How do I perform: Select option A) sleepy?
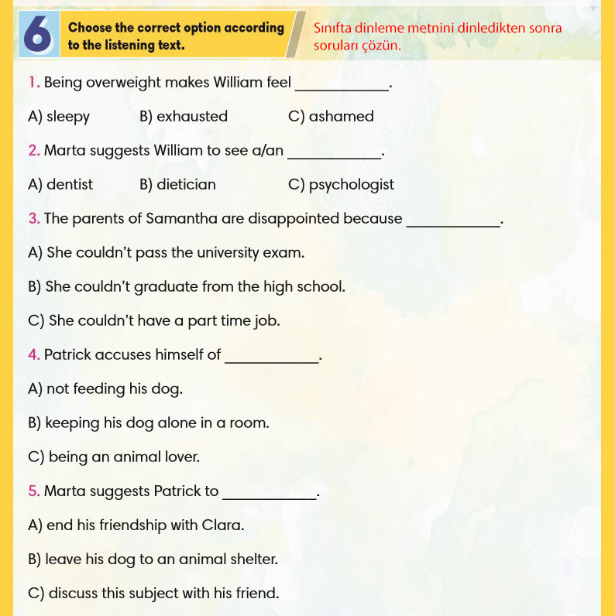pos(59,117)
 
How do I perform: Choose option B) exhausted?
pos(184,117)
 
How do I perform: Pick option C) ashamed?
pos(331,117)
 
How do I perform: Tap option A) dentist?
pos(60,185)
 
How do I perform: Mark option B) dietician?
pos(178,185)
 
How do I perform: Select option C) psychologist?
pos(341,185)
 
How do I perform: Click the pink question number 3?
pos(34,219)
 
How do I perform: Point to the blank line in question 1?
pos(342,90)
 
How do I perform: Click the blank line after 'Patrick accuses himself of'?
pos(271,361)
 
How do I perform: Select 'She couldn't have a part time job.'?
pos(154,320)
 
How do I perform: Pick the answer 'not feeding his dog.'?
pos(105,389)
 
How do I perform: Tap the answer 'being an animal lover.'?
pos(114,457)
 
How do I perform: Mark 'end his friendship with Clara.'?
pos(136,525)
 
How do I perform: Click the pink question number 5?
pos(34,491)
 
